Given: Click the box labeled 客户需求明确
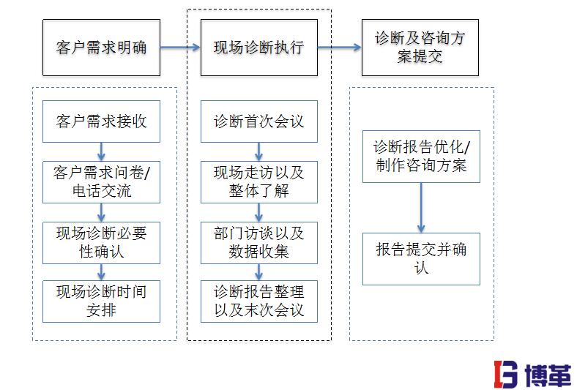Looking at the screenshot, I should point(101,48).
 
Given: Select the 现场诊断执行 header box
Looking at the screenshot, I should point(258,48).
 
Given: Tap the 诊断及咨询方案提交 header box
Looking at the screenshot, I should point(420,48).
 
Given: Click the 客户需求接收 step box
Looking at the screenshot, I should point(101,121).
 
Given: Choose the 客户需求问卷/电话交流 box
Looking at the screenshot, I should point(101,182).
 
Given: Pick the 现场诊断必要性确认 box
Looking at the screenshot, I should point(101,242).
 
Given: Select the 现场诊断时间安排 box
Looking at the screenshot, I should point(101,301).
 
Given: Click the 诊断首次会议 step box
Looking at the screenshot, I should point(258,121).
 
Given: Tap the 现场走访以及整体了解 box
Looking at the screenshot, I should point(258,182).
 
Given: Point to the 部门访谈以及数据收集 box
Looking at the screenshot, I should point(258,242).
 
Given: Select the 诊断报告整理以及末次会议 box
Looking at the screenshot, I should point(258,301).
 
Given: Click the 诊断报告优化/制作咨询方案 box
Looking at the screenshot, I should point(421,156).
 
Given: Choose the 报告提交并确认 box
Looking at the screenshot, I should point(421,258).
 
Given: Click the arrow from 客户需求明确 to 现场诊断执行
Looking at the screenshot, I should point(179,48).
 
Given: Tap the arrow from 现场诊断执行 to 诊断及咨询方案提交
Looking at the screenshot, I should point(339,48).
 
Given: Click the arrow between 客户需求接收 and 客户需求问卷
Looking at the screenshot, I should point(101,151).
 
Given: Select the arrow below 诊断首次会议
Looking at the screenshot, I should point(258,151).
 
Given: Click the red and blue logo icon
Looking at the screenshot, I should point(505,373).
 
